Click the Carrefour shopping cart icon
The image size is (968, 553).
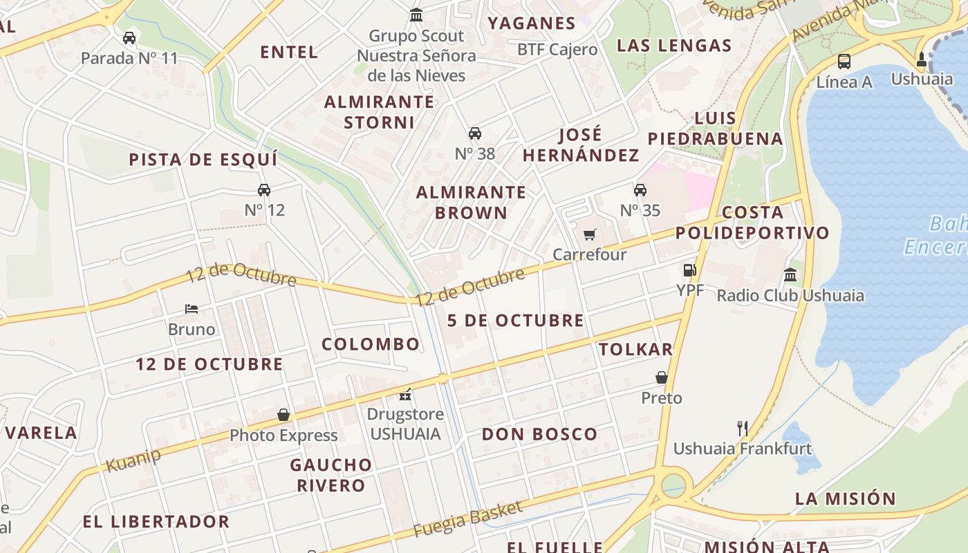pos(589,235)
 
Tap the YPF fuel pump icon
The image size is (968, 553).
pos(689,270)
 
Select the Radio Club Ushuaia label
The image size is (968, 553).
pos(790,296)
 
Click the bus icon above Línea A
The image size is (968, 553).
pos(844,61)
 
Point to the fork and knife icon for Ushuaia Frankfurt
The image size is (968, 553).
pos(743,429)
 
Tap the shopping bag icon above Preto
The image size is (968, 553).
pos(662,377)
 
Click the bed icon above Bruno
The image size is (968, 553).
pos(192,309)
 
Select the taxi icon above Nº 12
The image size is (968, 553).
pos(264,189)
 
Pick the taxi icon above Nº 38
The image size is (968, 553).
pos(475,133)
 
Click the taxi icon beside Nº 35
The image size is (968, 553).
pos(640,189)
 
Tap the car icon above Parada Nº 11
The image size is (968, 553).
pos(129,37)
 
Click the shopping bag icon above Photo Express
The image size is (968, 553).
pos(283,415)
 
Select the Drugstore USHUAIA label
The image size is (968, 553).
pos(405,424)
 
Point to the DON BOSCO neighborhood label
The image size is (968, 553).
pos(539,434)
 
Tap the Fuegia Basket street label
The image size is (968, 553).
pos(468,519)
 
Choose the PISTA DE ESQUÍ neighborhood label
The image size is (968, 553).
pos(203,160)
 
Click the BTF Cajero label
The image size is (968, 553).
pos(557,50)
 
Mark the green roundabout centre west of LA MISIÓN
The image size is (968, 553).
pos(673,485)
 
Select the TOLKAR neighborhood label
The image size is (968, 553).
pos(636,349)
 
